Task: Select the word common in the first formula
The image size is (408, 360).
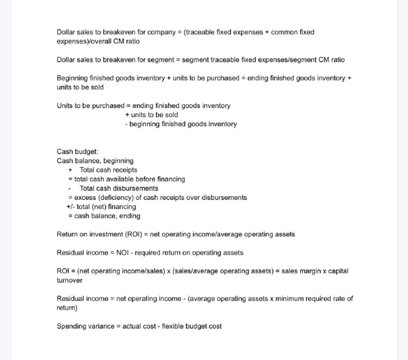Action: (285, 32)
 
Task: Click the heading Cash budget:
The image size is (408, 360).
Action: (78, 152)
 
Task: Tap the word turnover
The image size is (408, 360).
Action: (70, 280)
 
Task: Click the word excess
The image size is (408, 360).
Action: (85, 198)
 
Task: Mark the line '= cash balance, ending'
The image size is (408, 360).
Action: (104, 216)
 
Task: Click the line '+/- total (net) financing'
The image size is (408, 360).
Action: (101, 207)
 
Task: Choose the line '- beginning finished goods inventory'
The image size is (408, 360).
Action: (181, 124)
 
